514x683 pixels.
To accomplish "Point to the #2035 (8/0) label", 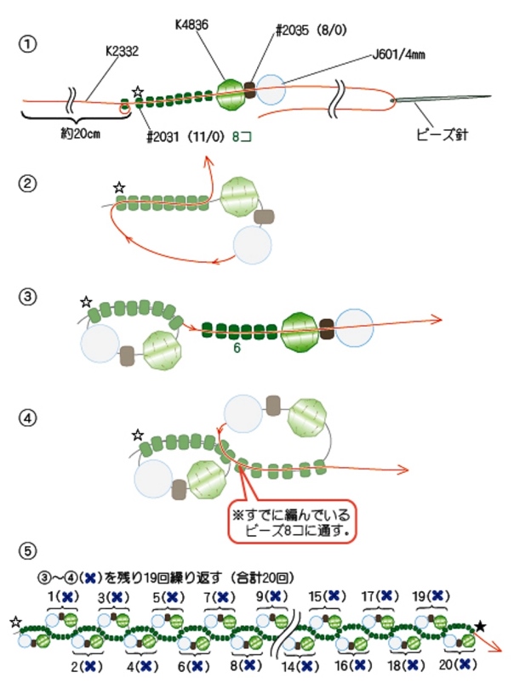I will (x=310, y=30).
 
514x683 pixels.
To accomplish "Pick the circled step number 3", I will (x=30, y=296).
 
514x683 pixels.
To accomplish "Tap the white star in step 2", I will (x=119, y=187).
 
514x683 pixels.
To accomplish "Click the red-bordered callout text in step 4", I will (x=292, y=521).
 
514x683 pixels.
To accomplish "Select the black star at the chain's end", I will (x=481, y=626).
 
